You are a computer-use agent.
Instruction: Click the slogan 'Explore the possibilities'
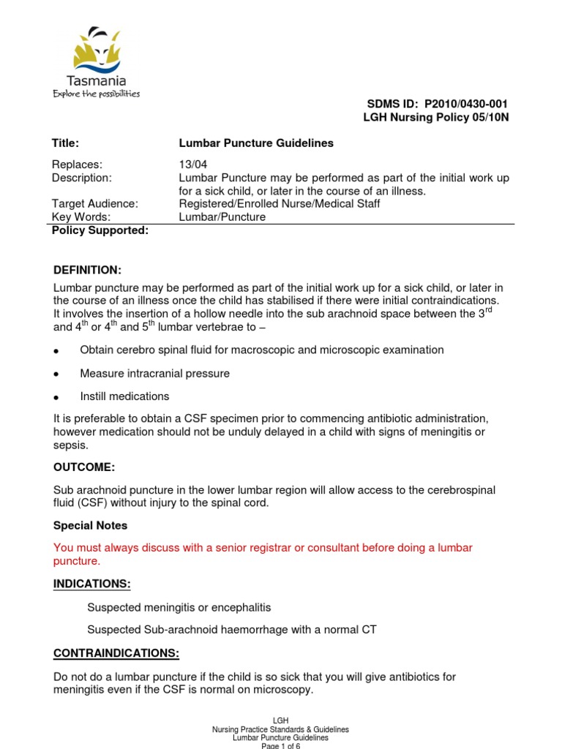coord(95,94)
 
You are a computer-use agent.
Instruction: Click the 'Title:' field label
coord(66,143)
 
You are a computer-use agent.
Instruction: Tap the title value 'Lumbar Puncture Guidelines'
coord(256,143)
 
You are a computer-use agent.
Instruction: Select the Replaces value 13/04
coord(192,165)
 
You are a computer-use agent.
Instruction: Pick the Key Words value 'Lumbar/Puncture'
coord(222,217)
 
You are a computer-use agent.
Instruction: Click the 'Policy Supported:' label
coord(100,231)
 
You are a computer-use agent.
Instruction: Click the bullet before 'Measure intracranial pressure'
coord(56,374)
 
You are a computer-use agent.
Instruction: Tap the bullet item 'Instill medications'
coord(124,396)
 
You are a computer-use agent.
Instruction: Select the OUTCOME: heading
coord(84,467)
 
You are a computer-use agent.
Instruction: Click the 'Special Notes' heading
coord(90,525)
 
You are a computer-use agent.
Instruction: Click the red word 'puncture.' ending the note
coord(77,562)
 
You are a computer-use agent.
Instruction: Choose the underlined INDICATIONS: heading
coord(92,584)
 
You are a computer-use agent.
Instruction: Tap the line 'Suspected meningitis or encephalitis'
coord(179,608)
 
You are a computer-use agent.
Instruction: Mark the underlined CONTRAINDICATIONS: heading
coord(116,653)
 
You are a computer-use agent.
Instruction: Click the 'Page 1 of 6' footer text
coord(280,745)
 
